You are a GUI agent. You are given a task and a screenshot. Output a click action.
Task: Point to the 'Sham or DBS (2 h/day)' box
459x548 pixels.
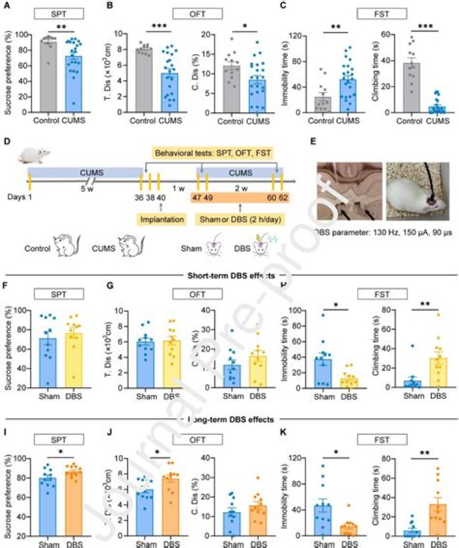(238, 219)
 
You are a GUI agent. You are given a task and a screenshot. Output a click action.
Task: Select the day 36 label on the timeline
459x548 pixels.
(140, 197)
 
